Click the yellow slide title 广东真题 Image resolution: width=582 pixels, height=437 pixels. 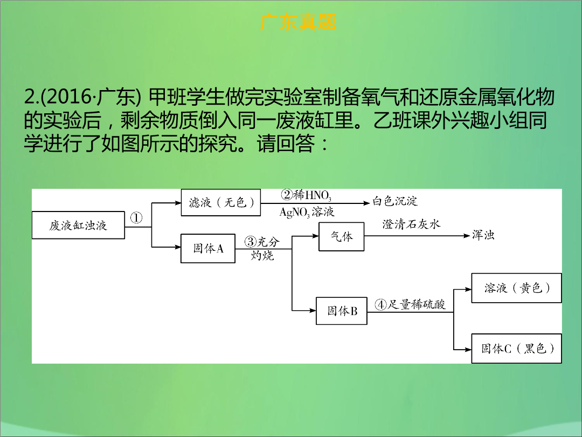pos(298,22)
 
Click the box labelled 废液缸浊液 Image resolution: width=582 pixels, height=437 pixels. pos(78,225)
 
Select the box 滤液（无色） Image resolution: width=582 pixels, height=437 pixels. pos(221,202)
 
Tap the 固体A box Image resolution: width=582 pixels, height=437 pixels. pos(208,248)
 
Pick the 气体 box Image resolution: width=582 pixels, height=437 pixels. pos(342,236)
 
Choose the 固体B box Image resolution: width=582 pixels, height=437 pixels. pos(342,311)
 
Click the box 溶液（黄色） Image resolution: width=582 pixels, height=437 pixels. pos(516,288)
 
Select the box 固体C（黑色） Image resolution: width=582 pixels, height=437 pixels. pos(516,348)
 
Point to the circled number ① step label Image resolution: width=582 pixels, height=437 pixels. pos(136,218)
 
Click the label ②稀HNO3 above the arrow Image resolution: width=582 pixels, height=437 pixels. pos(306,195)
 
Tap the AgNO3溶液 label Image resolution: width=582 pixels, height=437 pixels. pos(307,212)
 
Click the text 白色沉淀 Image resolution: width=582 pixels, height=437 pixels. pos(395,201)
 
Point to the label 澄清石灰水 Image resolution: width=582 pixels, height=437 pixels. pos(411,224)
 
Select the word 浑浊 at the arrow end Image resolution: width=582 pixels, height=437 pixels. pos(483,235)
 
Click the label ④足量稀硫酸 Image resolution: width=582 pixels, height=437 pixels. pos(410,305)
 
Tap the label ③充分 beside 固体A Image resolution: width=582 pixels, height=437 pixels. pos(262,242)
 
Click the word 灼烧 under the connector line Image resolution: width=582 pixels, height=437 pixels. pos(262,255)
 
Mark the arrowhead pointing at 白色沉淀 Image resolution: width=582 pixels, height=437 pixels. pos(367,203)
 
